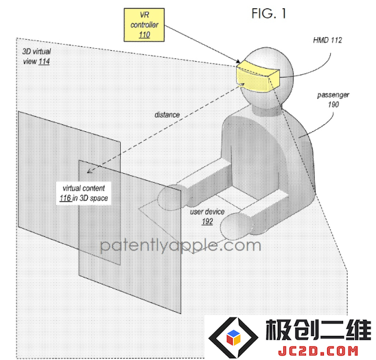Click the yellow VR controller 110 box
pos(144,25)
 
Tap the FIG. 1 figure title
pos(269,14)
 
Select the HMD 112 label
pos(327,40)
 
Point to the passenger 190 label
pos(333,100)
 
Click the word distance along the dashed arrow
pos(167,115)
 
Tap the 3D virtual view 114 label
pos(36,56)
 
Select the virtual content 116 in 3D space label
pos(84,193)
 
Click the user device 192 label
pos(207,216)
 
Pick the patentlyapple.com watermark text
pos(180,245)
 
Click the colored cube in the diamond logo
pos(233,337)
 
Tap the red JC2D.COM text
pos(318,351)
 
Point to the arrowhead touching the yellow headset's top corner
pos(237,61)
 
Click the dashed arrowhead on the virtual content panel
pos(89,170)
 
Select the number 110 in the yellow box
pos(144,35)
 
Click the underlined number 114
pos(45,61)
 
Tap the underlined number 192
pos(207,221)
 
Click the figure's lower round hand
pos(236,226)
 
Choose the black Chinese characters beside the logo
pos(318,330)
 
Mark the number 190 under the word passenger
pos(333,104)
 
